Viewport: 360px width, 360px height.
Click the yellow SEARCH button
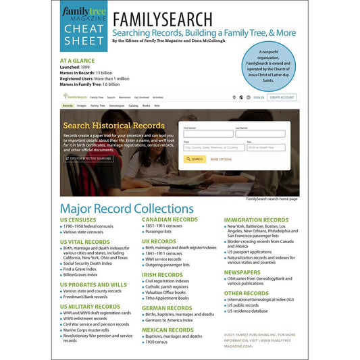pos(195,159)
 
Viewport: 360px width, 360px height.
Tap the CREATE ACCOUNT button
pos(282,97)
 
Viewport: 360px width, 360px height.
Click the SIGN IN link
pos(258,97)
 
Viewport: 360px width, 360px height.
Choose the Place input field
pos(213,147)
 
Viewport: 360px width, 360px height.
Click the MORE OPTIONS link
pos(221,159)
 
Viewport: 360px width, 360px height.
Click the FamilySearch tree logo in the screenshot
pos(75,97)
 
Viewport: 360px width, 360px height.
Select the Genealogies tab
pos(116,106)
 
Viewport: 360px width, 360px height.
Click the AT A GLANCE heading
pos(82,60)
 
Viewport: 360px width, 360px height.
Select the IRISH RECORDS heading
pos(162,275)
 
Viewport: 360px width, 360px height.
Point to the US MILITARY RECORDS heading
pos(89,307)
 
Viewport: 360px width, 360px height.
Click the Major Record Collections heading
pos(126,208)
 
